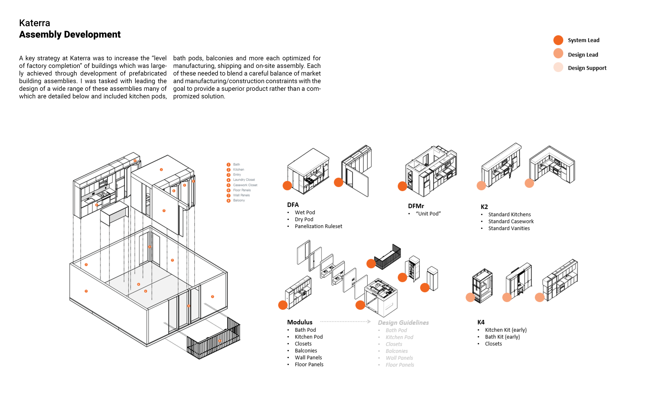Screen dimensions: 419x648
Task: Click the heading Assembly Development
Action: click(70, 35)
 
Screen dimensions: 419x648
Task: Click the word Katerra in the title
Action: click(35, 23)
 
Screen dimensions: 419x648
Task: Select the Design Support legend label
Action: click(587, 68)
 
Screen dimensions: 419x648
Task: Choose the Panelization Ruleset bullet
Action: click(318, 226)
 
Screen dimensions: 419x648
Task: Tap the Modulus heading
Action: click(300, 322)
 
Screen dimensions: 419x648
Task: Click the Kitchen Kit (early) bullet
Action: click(506, 330)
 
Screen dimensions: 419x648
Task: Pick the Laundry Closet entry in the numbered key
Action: click(244, 180)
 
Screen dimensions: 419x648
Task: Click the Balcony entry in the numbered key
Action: click(239, 200)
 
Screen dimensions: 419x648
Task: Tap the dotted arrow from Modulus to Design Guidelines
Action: click(345, 322)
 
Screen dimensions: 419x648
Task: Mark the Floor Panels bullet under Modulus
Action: click(309, 365)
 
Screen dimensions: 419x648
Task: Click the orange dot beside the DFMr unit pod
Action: click(402, 186)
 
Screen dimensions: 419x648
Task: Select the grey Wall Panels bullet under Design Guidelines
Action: click(399, 358)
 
